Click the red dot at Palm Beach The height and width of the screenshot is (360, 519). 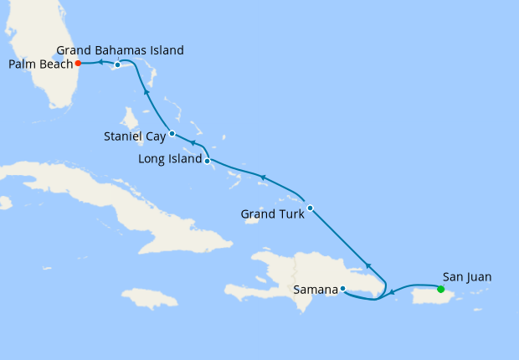coord(78,63)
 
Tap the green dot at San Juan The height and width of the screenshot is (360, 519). coord(441,289)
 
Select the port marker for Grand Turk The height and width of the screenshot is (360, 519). coord(310,208)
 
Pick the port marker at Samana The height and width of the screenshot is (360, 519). coord(342,289)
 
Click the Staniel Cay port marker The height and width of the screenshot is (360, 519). coord(172,133)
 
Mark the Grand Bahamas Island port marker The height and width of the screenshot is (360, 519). coord(118,64)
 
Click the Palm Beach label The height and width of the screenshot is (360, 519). coord(39,63)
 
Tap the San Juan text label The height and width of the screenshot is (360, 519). coord(468,276)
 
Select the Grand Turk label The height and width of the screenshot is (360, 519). coord(271,214)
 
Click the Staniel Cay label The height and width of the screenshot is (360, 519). coord(134,136)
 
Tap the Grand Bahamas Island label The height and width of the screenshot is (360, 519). coord(121,50)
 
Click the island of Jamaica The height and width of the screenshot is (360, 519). coord(151,298)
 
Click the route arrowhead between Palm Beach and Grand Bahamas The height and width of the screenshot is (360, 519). coord(98,63)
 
